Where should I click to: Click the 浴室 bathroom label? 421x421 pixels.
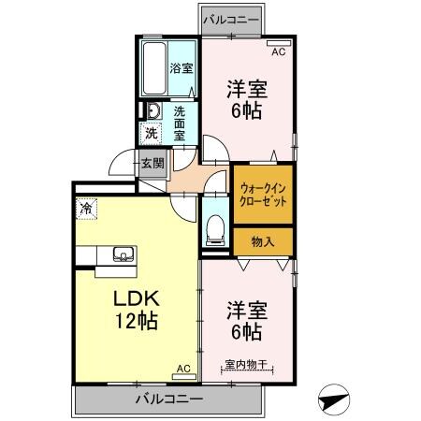click(x=181, y=68)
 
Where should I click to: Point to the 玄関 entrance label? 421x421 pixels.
click(x=152, y=164)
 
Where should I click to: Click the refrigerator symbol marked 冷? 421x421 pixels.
click(x=86, y=210)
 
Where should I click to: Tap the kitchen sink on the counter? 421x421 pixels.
click(x=123, y=254)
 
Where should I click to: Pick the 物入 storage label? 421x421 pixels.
click(x=263, y=241)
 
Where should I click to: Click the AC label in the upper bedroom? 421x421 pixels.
click(x=277, y=51)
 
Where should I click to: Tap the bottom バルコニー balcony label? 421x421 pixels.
click(x=167, y=399)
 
